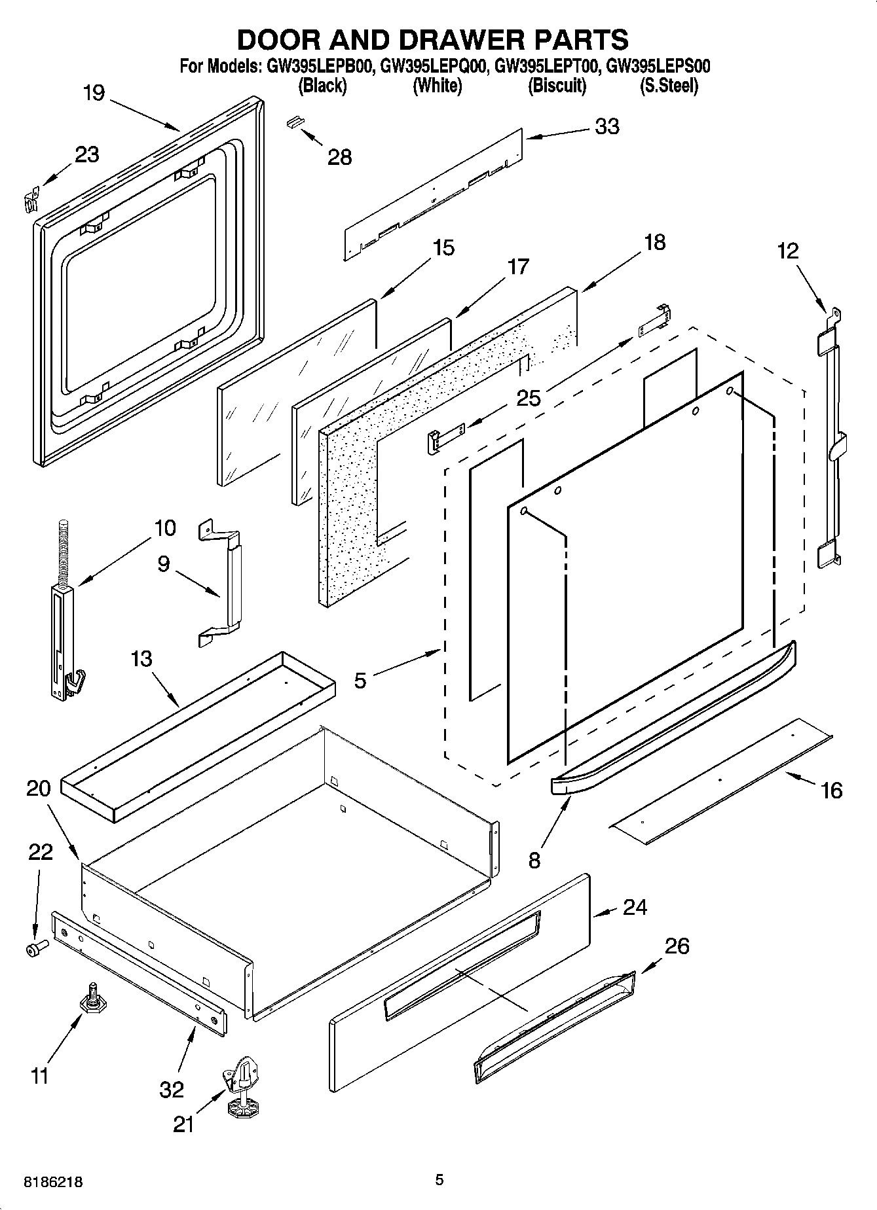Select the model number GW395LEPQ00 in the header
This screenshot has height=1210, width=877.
click(x=433, y=66)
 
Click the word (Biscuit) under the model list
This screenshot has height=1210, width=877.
click(x=557, y=86)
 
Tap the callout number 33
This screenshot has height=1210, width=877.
click(x=606, y=126)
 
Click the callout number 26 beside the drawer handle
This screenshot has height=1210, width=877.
click(x=677, y=946)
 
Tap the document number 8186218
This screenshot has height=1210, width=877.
click(x=53, y=1181)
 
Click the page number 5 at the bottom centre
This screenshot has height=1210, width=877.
click(x=439, y=1180)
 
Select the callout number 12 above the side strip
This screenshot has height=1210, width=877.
click(x=789, y=251)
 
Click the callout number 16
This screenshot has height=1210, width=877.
click(x=831, y=791)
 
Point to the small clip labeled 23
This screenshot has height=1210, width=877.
click(x=29, y=199)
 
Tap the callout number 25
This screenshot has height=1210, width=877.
click(x=529, y=397)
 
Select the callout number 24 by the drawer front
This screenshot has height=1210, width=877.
click(x=635, y=907)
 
